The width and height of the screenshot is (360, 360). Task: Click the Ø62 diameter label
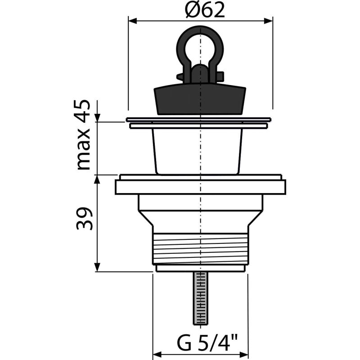[205, 10]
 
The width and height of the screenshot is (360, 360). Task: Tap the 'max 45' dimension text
[83, 135]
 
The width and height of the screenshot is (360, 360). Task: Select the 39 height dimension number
[84, 219]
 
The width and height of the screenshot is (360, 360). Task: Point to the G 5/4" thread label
[207, 343]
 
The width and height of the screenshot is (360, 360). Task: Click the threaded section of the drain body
[200, 249]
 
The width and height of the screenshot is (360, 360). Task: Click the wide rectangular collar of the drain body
[200, 187]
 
